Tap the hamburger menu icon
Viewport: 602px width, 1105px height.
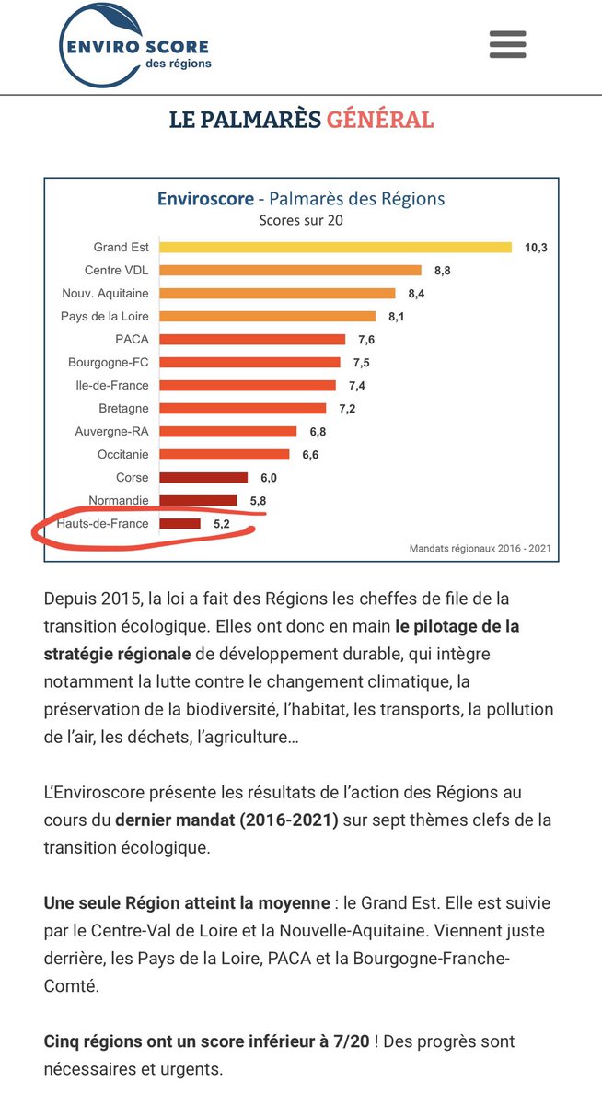[507, 43]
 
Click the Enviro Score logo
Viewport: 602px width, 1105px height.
[135, 45]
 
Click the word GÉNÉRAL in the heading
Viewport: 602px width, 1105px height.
[379, 120]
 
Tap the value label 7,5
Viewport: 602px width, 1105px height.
[360, 363]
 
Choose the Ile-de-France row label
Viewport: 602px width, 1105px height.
[112, 385]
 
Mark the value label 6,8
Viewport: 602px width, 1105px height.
[317, 432]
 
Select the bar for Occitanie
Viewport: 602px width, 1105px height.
[225, 454]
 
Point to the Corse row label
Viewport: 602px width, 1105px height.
[132, 477]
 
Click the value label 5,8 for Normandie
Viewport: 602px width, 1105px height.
[257, 501]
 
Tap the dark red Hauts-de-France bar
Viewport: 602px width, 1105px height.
[179, 524]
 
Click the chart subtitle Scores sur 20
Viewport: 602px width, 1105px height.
[301, 220]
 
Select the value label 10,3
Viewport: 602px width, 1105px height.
[536, 248]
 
